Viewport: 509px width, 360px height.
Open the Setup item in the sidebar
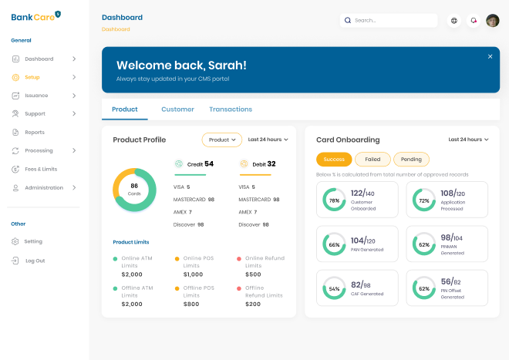tap(32, 77)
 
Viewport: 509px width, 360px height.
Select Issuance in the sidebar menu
tap(36, 96)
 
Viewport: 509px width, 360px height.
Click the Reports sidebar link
tap(35, 133)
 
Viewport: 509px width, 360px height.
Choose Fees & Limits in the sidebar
tap(41, 169)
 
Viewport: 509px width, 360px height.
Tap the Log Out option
tap(35, 261)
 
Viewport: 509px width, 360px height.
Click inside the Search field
tap(389, 21)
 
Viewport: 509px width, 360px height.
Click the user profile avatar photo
tap(493, 21)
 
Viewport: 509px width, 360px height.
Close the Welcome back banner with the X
tap(490, 56)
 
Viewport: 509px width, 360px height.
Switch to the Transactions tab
tap(231, 109)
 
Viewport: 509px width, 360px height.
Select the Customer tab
tap(177, 109)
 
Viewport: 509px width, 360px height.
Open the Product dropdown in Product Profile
tap(221, 140)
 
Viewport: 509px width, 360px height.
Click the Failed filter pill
tap(372, 160)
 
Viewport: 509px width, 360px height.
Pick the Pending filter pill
tap(411, 160)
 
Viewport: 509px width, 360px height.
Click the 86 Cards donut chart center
tap(134, 189)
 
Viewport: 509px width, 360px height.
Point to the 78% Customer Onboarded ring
tap(334, 200)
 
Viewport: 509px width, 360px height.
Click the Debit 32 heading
tap(258, 163)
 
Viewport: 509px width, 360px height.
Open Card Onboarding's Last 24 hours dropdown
tap(468, 140)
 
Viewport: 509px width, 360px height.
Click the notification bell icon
tap(474, 21)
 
